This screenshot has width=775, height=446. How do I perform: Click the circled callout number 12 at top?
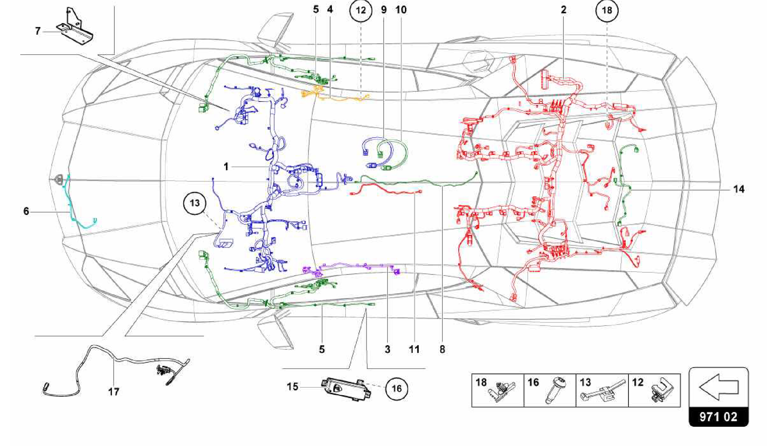(360, 11)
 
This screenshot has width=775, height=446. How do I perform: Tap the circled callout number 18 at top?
(607, 11)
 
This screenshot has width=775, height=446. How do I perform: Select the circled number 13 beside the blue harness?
(195, 203)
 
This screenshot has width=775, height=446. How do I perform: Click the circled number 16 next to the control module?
(396, 388)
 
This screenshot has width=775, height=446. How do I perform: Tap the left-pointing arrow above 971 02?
(718, 387)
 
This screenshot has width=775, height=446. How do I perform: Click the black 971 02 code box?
(718, 417)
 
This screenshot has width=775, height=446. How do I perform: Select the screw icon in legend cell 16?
(555, 390)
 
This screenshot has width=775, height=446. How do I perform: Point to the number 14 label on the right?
(739, 189)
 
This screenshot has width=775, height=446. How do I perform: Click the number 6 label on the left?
(26, 211)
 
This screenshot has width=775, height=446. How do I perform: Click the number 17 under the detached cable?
(114, 391)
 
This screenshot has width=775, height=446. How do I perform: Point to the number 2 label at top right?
(563, 10)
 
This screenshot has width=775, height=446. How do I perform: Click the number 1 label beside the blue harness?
(226, 167)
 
